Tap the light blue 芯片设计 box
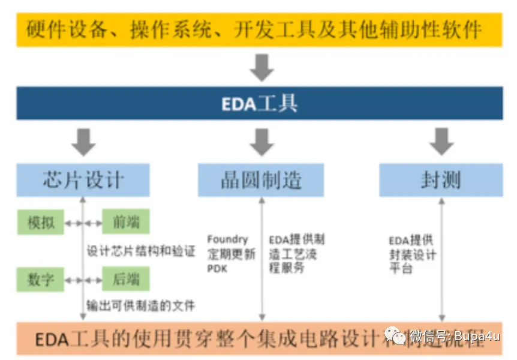[x=83, y=180]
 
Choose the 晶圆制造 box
[x=261, y=180]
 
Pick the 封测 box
[x=441, y=180]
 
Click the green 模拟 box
[x=41, y=223]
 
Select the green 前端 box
[x=125, y=223]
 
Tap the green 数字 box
[x=41, y=279]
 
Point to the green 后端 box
[x=125, y=279]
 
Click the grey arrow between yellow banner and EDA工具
[x=261, y=67]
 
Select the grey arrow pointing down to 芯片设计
[x=83, y=142]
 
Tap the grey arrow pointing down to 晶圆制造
[x=261, y=142]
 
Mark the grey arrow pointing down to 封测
[x=441, y=142]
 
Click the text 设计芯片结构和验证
[x=142, y=251]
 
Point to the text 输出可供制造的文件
[x=142, y=306]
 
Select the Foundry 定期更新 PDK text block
[x=230, y=254]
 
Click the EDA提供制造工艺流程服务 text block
[x=296, y=254]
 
